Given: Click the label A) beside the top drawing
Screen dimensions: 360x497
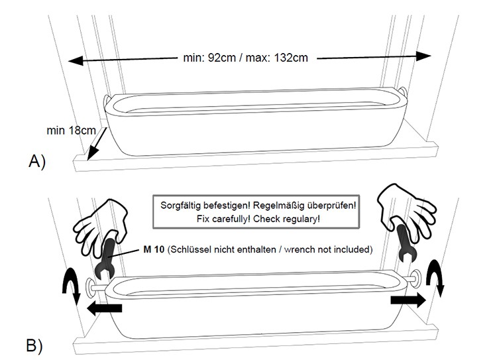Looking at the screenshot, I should coord(36,161).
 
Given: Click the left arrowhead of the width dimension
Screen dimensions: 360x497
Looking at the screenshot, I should coord(74,61).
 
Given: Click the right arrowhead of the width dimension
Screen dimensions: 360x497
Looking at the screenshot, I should coord(425,55).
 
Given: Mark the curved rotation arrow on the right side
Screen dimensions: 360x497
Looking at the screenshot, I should coord(435,279).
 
